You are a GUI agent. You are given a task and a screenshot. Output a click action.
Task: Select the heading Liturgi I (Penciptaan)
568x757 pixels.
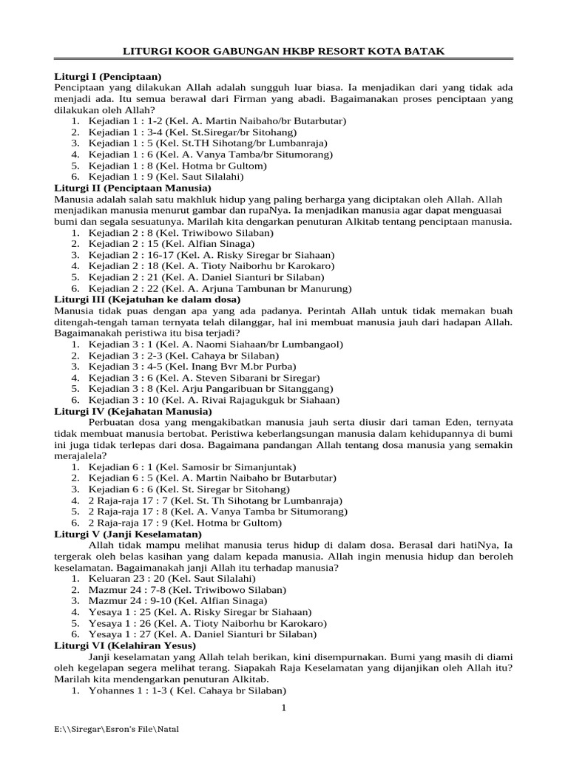pos(109,76)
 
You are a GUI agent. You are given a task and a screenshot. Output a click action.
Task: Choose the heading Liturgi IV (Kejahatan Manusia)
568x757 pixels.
pos(131,411)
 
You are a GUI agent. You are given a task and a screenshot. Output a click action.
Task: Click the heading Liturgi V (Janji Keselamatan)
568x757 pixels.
pos(129,534)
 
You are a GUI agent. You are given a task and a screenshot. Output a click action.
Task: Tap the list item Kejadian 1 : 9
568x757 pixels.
pos(166,177)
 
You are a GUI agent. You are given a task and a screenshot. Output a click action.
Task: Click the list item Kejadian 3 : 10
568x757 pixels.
pos(214,400)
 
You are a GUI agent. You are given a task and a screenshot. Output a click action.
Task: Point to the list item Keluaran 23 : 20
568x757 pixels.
pos(172,578)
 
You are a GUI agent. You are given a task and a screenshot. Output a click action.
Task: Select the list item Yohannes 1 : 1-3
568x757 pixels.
pos(188,690)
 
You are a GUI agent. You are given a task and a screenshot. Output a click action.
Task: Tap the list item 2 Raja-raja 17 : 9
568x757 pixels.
pos(185,523)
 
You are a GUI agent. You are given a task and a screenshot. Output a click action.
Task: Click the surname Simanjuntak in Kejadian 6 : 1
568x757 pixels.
pos(262,467)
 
